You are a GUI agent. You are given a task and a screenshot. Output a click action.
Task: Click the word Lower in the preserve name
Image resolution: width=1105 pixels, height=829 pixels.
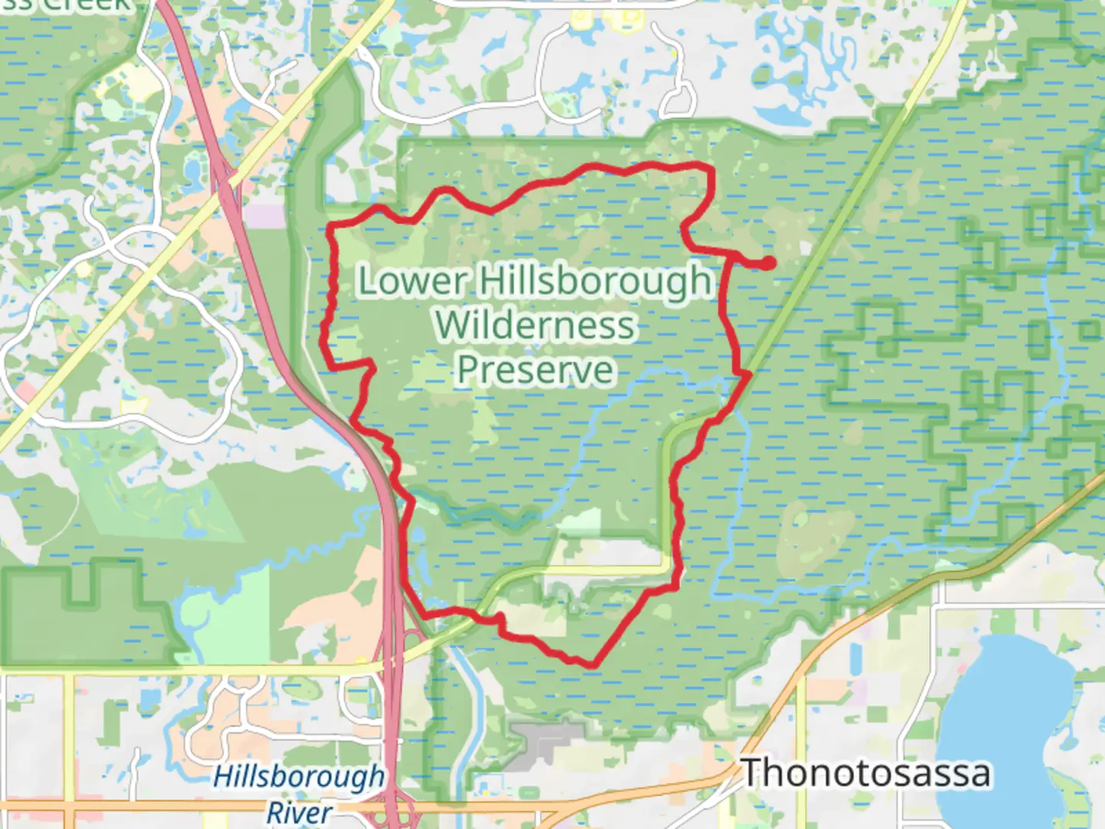(412, 281)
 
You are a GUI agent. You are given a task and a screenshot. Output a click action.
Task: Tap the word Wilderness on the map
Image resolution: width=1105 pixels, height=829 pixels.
(536, 325)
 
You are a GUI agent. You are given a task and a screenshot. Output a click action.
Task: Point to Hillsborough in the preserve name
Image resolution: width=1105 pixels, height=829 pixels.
(595, 281)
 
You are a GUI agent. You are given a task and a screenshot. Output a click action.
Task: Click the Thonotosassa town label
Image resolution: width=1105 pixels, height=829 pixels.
(866, 772)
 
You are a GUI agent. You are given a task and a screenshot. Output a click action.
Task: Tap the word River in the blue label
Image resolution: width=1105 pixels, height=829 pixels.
(299, 812)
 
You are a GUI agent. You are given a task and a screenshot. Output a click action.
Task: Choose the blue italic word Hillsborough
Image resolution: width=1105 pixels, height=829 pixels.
(299, 777)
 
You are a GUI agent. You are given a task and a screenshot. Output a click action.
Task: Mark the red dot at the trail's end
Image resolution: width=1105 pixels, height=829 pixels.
(767, 263)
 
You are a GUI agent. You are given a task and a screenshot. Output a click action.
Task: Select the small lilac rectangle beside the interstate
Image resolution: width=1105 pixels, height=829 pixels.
(265, 215)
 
